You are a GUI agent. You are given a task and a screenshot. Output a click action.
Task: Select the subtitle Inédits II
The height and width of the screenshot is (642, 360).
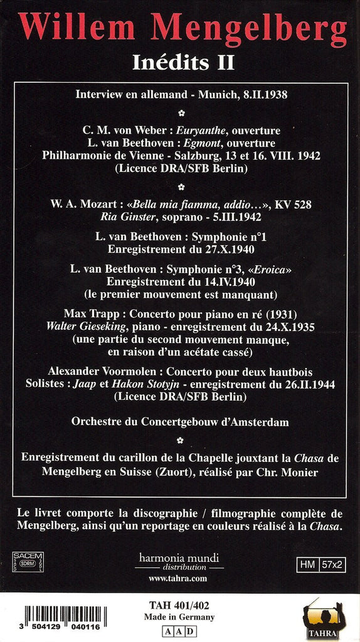pos(179,62)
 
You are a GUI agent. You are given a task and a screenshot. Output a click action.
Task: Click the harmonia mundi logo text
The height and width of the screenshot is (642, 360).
pos(179,557)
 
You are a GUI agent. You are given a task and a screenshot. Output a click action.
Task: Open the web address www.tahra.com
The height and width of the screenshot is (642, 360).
pos(179,579)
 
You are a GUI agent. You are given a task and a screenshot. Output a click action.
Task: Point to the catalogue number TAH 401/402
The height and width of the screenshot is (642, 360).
pos(179,606)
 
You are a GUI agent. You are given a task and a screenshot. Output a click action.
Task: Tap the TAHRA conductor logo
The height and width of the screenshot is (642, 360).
pos(324,618)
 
